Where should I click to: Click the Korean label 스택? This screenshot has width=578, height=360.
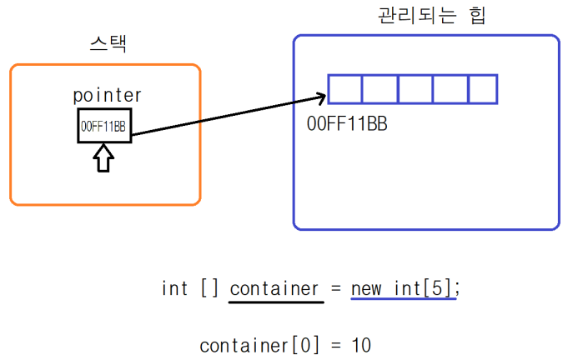[x=108, y=43]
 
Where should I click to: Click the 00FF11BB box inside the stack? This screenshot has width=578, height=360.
[x=103, y=127]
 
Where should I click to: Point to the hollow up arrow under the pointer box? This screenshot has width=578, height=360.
[x=103, y=157]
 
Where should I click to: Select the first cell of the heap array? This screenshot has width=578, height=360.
[x=345, y=89]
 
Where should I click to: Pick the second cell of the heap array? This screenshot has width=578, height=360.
[x=380, y=89]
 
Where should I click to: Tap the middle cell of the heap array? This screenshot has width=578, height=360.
[x=415, y=89]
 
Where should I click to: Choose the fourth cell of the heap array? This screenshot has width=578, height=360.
[x=450, y=89]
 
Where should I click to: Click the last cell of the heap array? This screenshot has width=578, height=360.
[x=483, y=89]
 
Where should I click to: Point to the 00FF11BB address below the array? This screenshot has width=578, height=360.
[x=348, y=124]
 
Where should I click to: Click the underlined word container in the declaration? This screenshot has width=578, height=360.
[x=275, y=288]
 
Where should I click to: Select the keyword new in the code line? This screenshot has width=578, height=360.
[x=367, y=288]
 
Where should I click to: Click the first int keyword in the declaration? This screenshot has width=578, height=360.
[x=175, y=288]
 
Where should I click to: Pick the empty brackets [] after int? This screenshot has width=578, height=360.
[x=209, y=288]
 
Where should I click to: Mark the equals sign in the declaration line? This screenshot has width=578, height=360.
[x=335, y=289]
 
